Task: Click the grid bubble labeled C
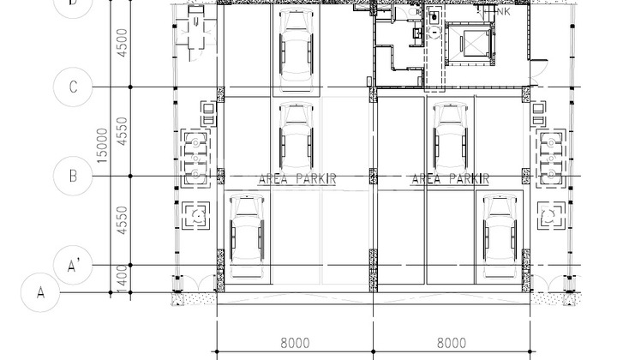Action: point(74,87)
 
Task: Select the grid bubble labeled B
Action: point(74,177)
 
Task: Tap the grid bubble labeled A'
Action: point(74,266)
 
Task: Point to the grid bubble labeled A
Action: point(40,291)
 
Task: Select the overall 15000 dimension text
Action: point(103,146)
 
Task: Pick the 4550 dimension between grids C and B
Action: point(123,133)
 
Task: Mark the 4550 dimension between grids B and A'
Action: point(123,221)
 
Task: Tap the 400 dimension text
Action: point(123,278)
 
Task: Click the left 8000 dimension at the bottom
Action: point(295,343)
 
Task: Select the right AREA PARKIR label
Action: point(450,178)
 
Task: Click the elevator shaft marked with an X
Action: point(471,43)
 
